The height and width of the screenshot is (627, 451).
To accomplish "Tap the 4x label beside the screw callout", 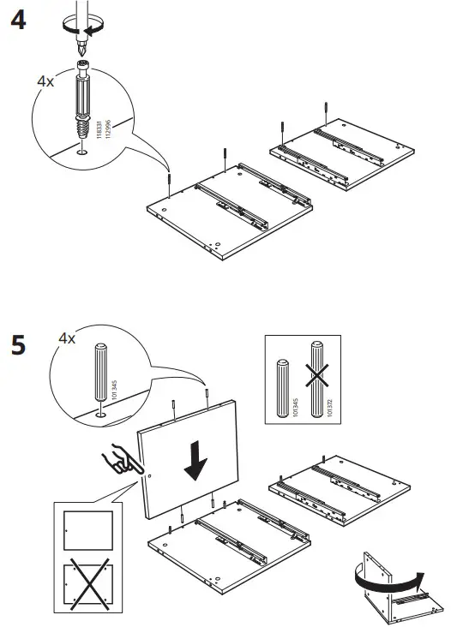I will (45, 83).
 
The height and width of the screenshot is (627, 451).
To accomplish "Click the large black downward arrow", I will (196, 461).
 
